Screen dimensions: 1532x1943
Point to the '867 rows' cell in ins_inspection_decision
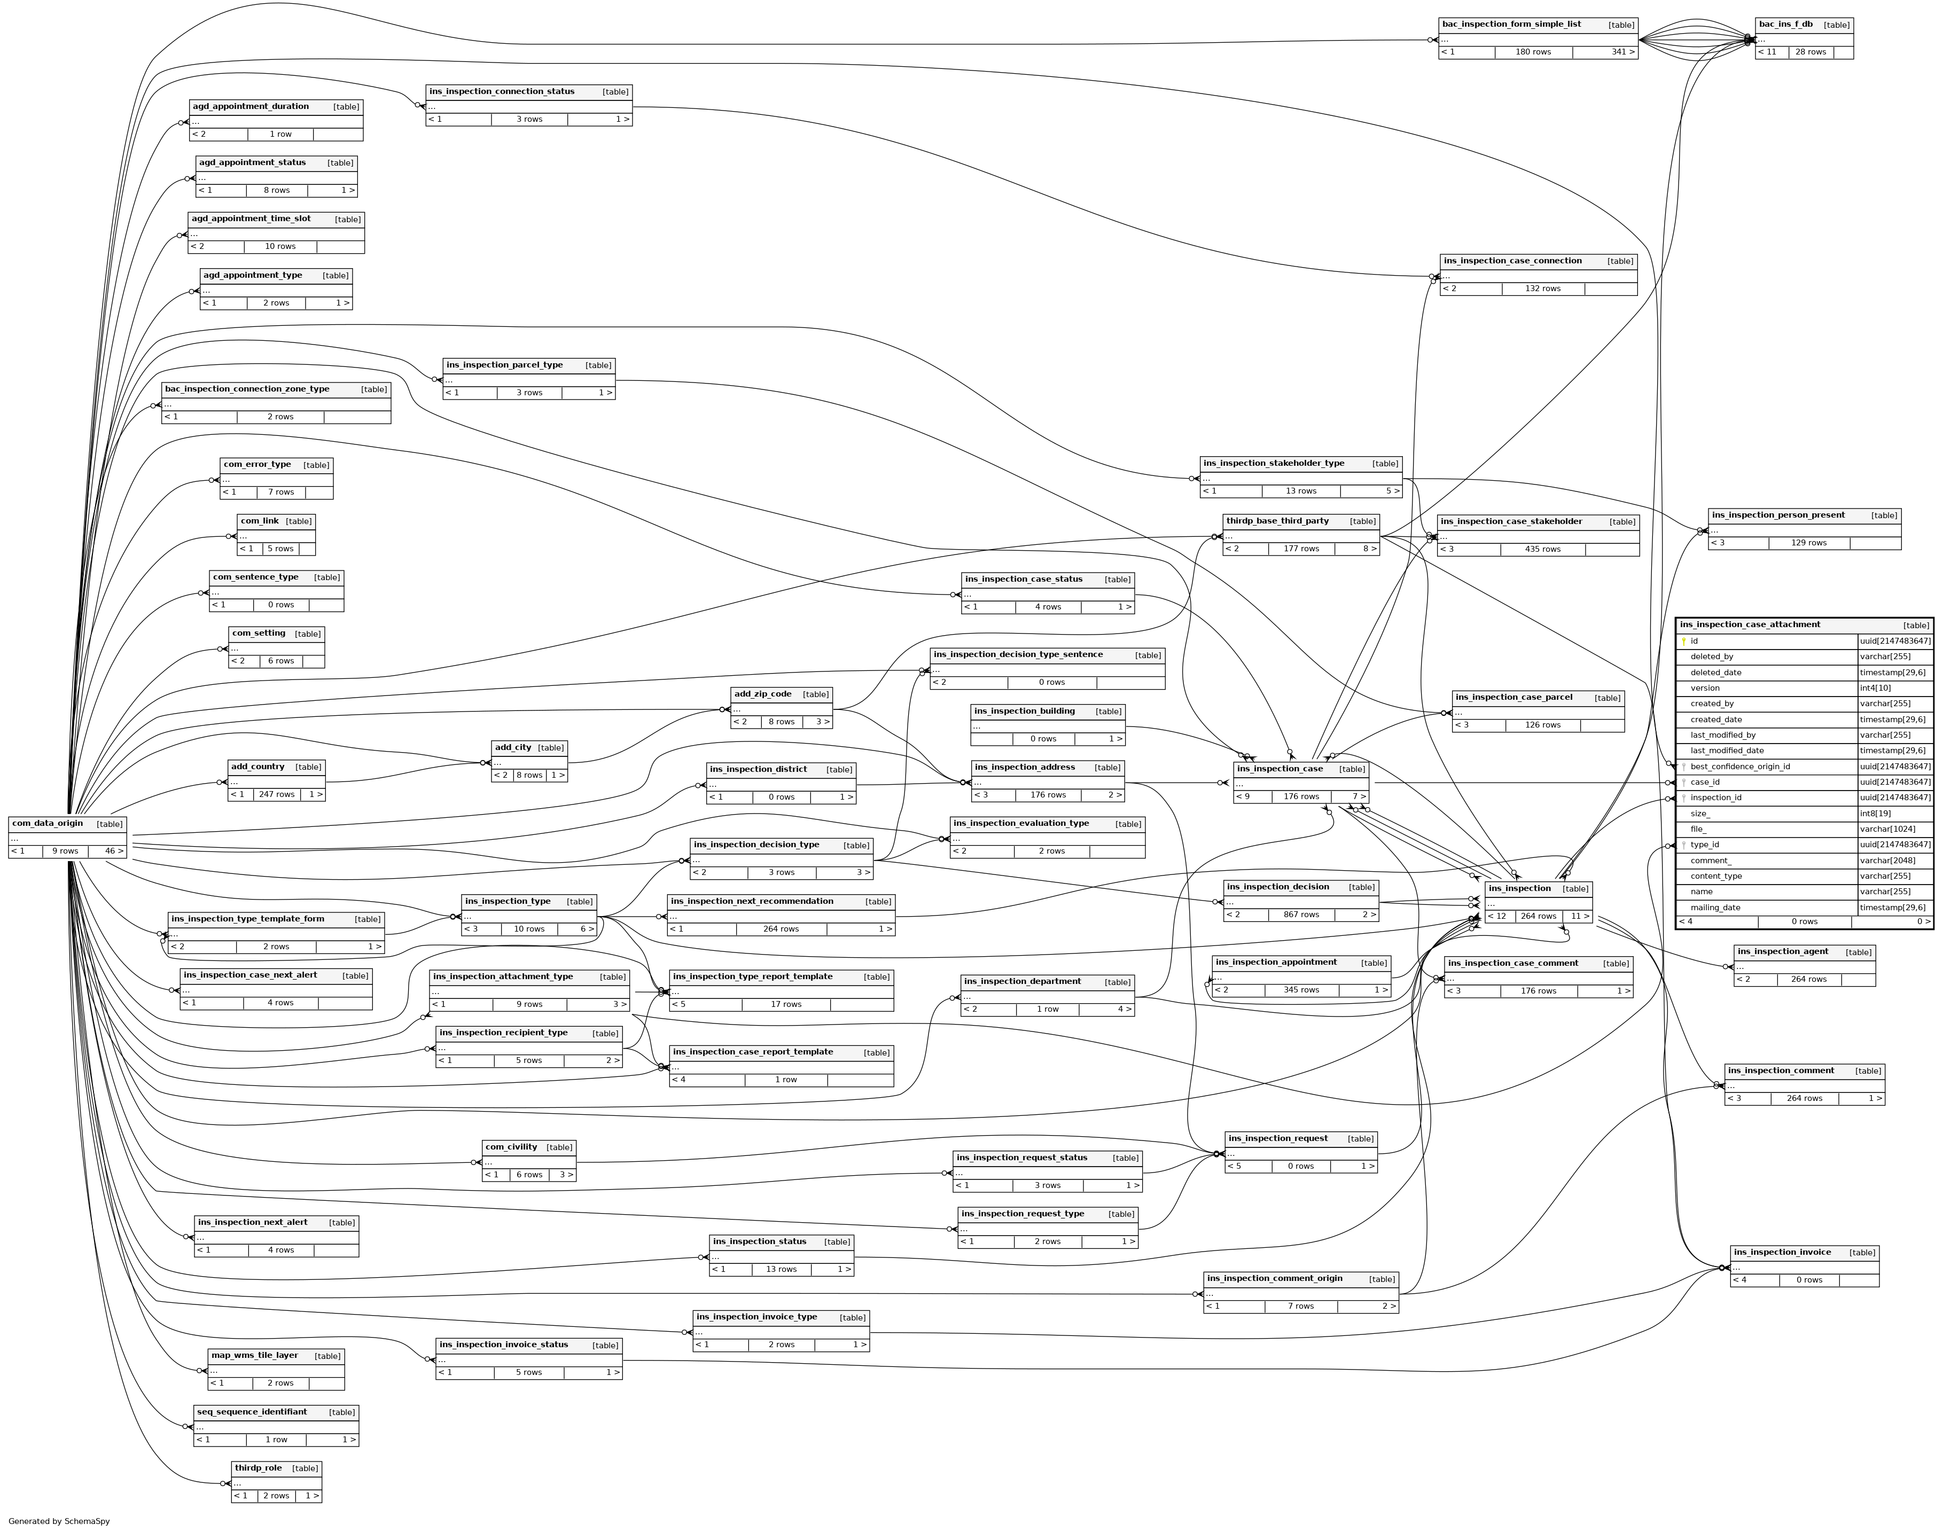point(1301,915)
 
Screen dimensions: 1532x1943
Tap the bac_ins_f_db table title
point(1785,24)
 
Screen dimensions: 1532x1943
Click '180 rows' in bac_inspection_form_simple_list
point(1533,52)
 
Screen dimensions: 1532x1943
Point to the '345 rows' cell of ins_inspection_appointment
point(1301,990)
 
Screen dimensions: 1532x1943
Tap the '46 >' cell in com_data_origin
point(107,851)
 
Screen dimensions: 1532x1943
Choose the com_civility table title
point(511,1147)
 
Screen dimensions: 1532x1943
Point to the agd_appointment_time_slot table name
point(251,219)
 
